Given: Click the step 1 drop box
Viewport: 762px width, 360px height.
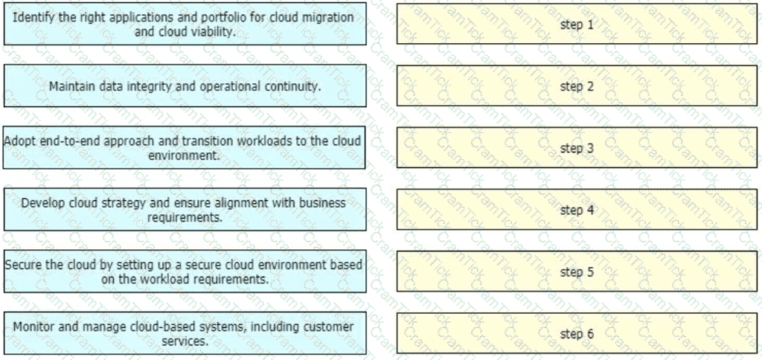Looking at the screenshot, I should pos(577,24).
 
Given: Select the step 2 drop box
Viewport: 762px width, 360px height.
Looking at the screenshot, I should pos(577,86).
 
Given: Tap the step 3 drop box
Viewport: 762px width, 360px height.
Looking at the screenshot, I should pos(577,148).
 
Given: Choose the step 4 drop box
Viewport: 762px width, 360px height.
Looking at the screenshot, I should pos(577,210).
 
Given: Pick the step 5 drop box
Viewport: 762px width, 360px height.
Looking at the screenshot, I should pos(577,271).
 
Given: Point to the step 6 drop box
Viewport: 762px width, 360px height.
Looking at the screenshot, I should pos(577,333).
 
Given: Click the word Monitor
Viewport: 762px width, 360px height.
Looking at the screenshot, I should pos(35,327).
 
